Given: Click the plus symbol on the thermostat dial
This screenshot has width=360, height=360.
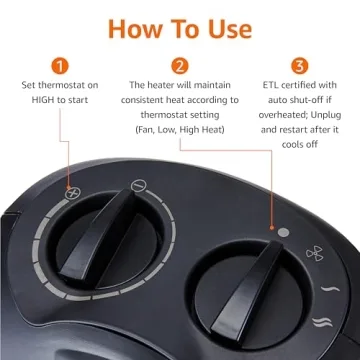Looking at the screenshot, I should pyautogui.click(x=73, y=191).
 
